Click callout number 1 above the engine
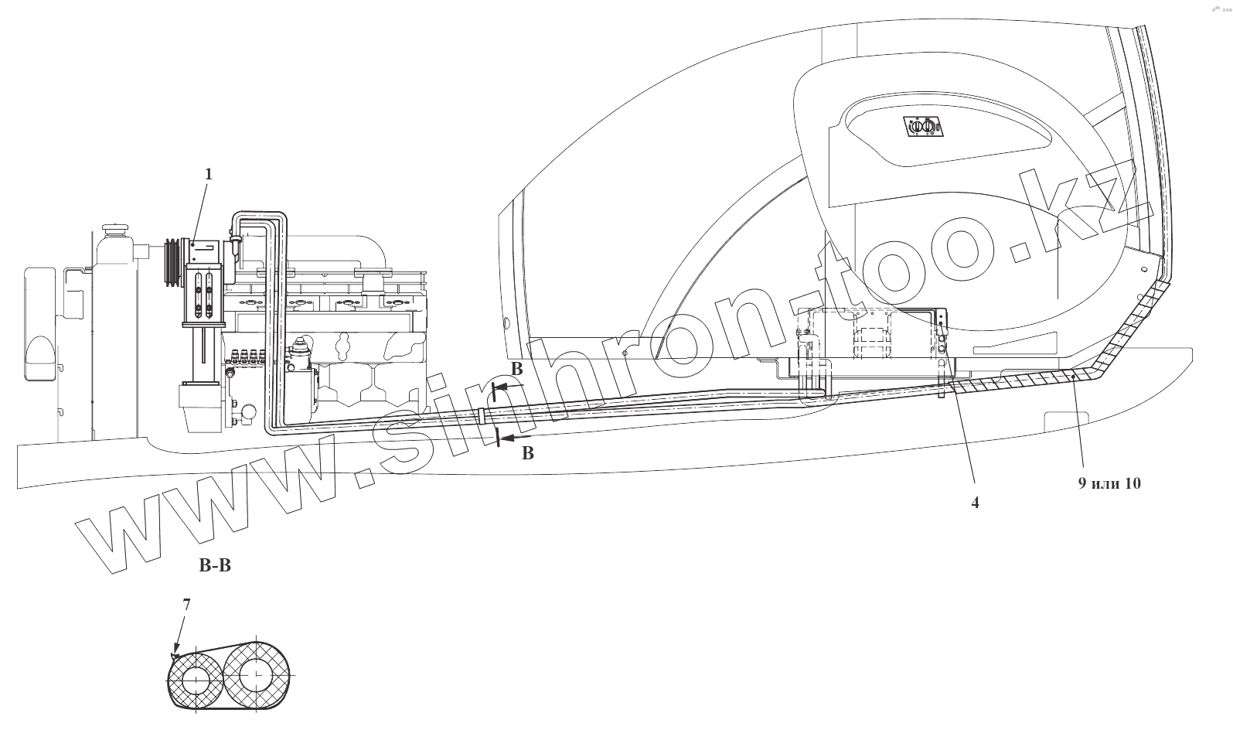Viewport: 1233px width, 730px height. pos(207,175)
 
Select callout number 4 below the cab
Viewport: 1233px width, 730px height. pos(975,503)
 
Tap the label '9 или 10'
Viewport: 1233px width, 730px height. pos(1109,484)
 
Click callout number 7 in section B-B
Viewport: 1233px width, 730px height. pos(186,605)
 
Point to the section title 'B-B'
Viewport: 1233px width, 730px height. pos(215,566)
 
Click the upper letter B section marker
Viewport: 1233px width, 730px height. pos(516,367)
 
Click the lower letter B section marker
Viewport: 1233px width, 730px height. pos(528,454)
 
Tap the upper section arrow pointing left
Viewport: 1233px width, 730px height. pos(506,384)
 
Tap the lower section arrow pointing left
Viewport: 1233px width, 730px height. pos(512,439)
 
